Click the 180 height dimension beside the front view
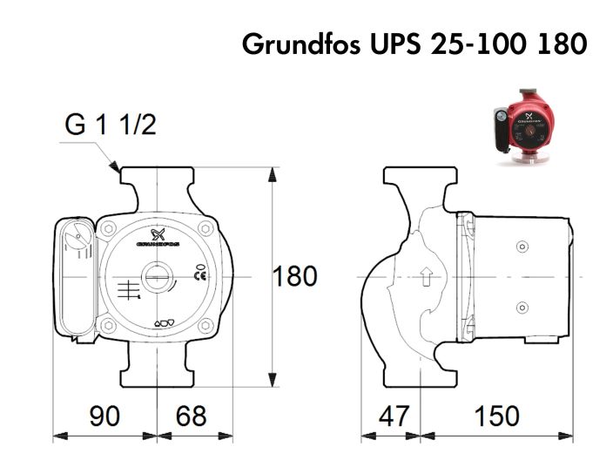[x=295, y=278]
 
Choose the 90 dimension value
[x=104, y=416]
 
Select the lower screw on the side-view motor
[x=522, y=307]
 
